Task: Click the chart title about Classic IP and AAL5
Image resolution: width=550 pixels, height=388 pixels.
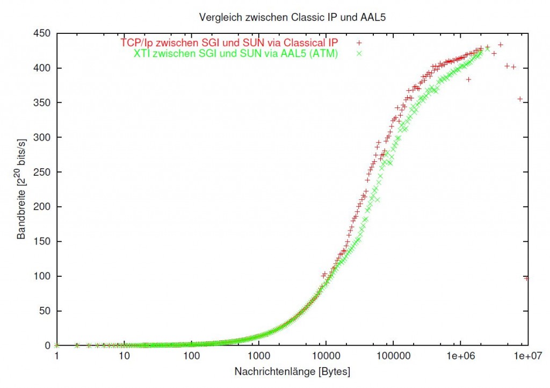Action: click(x=292, y=16)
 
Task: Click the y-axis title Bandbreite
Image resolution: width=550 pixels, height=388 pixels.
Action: click(x=21, y=190)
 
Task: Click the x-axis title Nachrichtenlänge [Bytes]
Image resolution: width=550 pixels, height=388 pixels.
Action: click(x=292, y=371)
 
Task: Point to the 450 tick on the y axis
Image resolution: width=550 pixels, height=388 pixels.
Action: click(x=43, y=34)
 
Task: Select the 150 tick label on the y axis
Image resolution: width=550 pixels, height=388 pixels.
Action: click(x=43, y=242)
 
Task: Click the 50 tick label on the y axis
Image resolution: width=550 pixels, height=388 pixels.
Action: click(x=45, y=311)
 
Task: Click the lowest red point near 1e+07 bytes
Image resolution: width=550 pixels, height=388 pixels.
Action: click(x=527, y=278)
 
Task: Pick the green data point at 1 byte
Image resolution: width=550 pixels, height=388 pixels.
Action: click(x=57, y=346)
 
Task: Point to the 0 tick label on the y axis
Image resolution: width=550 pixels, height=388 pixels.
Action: click(x=48, y=346)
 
